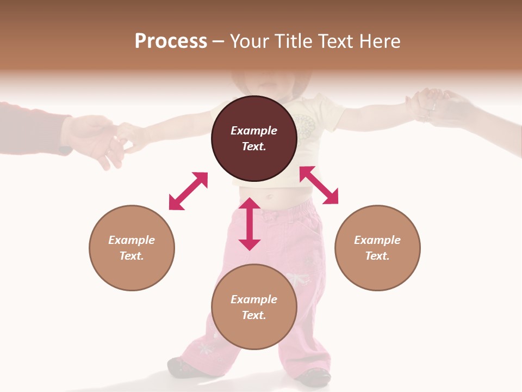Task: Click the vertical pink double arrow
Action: coord(250,224)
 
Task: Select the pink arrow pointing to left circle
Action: coord(188,191)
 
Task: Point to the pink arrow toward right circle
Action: coord(319,185)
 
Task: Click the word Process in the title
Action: coord(171,41)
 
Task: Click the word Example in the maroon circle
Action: coord(254,131)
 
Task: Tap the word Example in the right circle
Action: coord(377,240)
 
